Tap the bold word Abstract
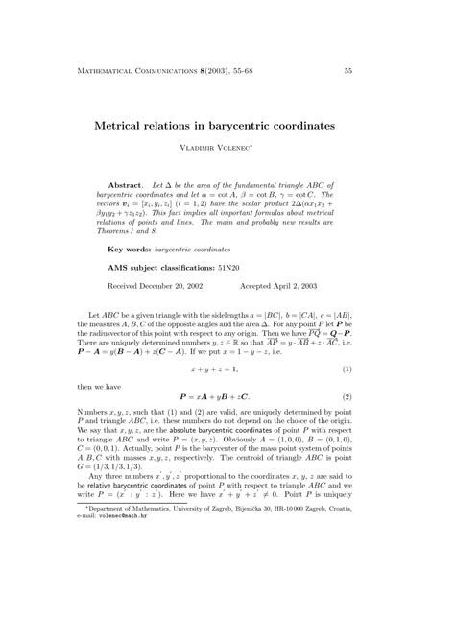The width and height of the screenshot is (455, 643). [x=126, y=183]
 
